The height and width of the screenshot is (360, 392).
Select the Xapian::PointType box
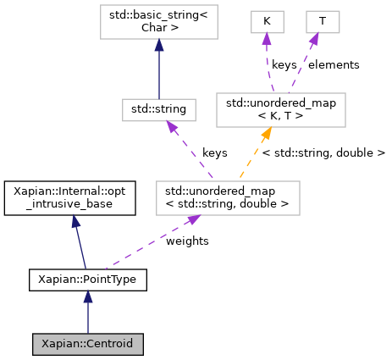88,278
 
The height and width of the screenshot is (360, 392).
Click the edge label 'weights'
187,241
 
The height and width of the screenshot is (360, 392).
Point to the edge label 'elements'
333,64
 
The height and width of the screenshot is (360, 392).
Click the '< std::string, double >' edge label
323,152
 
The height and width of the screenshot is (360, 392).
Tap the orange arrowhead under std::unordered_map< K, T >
266,133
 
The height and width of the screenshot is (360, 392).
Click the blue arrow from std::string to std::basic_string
159,72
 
